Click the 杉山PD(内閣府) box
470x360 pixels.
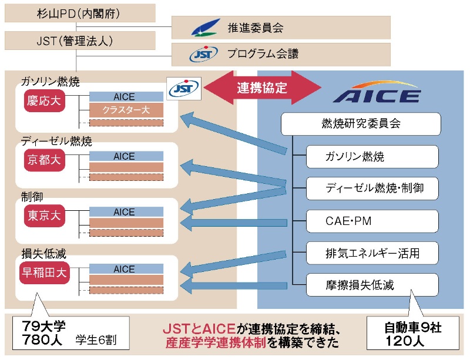tap(80, 13)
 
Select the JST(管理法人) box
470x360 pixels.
tap(80, 41)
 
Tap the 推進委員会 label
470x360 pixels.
tap(255, 27)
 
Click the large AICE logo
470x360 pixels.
tap(376, 94)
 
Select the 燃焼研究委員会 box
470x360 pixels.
tap(361, 124)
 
